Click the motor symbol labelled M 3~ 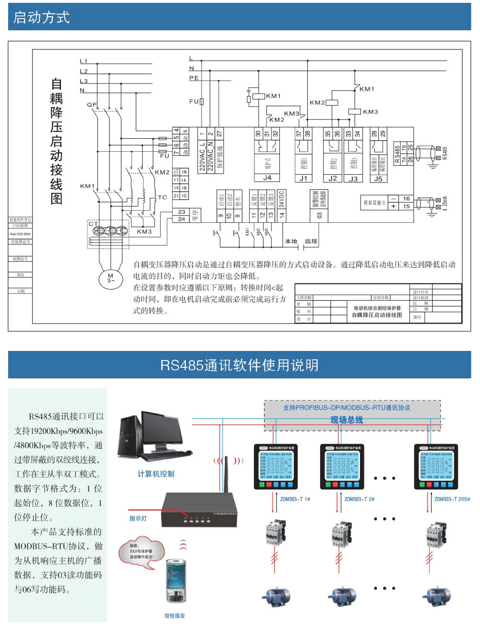110,278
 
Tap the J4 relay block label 267,178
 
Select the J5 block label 378,178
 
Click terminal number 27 219,133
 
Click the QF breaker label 91,104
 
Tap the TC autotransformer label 162,197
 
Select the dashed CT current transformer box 108,234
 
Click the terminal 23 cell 181,212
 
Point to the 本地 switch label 291,241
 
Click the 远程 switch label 311,241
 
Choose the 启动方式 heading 42,18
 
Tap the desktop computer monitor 162,430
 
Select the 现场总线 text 347,420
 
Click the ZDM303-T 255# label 452,499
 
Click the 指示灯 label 138,519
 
